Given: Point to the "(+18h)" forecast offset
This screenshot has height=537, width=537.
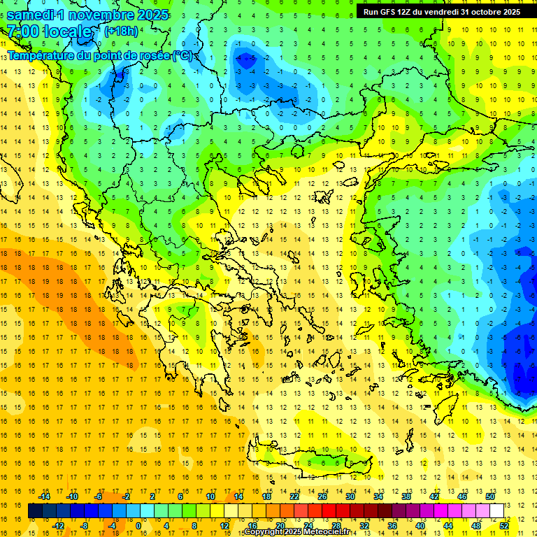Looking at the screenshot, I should click(x=121, y=31).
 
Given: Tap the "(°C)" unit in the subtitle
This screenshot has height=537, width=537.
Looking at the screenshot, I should click(x=184, y=55).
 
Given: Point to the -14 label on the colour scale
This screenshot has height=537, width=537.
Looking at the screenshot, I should click(x=44, y=496).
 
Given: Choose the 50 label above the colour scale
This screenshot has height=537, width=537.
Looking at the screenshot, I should click(x=489, y=496).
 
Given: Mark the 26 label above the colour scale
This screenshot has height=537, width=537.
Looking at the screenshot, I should click(x=322, y=496).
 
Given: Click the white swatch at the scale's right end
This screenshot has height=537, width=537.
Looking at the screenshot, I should click(x=496, y=511).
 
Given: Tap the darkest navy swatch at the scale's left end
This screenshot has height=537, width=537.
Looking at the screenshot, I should click(x=35, y=511).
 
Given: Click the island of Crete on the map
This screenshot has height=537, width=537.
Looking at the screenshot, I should click(x=329, y=461).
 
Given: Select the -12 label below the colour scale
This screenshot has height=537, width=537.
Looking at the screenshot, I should click(x=58, y=526).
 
